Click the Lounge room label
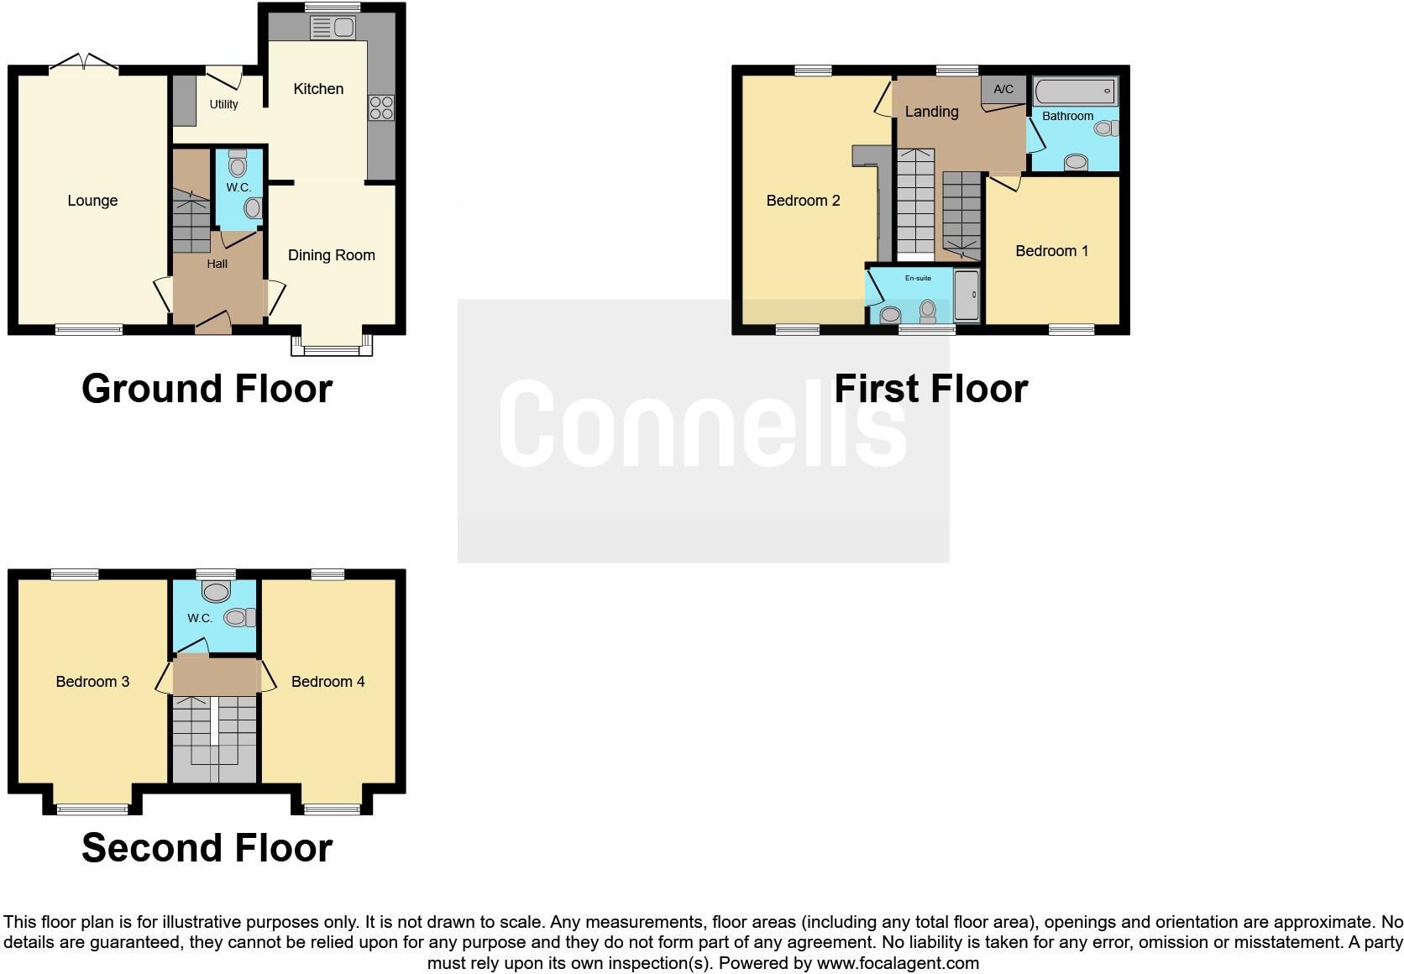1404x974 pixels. click(92, 201)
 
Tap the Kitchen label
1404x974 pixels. click(318, 89)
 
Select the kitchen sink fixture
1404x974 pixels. click(333, 28)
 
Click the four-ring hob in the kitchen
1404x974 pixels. click(381, 108)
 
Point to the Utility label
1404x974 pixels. click(223, 104)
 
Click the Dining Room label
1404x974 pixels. click(331, 255)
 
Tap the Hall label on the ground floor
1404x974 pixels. click(217, 264)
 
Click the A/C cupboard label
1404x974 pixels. click(1003, 89)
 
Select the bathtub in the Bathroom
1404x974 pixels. click(1075, 91)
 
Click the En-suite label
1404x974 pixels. click(918, 278)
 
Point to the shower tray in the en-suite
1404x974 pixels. click(967, 295)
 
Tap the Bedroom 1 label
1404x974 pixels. click(1051, 251)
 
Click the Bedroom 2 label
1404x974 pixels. click(803, 201)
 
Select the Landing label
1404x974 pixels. click(931, 112)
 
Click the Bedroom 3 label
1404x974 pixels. click(92, 682)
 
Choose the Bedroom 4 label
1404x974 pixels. click(327, 682)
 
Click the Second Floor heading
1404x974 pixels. click(207, 848)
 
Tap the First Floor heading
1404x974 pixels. click(930, 389)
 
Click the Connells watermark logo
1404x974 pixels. click(703, 424)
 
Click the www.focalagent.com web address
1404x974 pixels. click(898, 963)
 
